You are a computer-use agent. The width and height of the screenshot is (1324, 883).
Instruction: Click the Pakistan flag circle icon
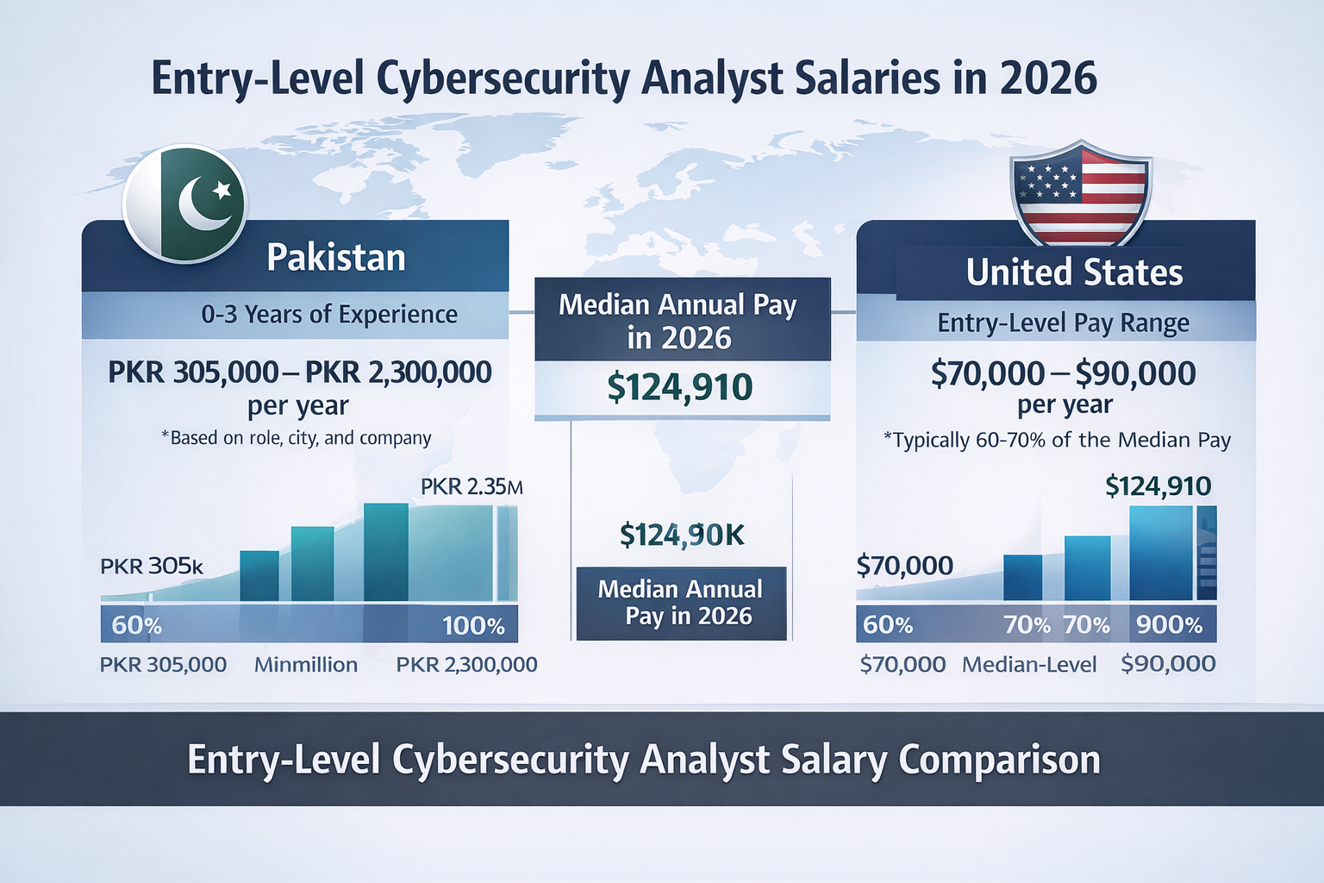(x=184, y=204)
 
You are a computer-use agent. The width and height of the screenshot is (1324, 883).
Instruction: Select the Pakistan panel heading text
(x=336, y=258)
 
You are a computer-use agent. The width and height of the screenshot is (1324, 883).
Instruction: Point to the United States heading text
(x=1074, y=272)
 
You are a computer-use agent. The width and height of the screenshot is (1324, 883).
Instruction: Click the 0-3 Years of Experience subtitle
(x=329, y=315)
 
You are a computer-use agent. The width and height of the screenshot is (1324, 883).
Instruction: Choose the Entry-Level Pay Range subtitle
(x=1063, y=323)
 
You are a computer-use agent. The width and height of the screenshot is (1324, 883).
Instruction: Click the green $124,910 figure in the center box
(x=680, y=387)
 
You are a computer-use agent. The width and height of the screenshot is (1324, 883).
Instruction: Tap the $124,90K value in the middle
(x=682, y=535)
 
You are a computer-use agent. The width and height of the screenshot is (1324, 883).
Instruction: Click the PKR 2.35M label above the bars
(x=471, y=487)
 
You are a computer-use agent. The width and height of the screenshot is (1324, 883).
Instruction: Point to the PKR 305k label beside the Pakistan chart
(x=152, y=567)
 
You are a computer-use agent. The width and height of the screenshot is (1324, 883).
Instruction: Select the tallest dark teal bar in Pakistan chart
(x=385, y=552)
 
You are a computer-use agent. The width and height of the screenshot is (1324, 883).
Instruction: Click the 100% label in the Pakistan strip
(x=473, y=626)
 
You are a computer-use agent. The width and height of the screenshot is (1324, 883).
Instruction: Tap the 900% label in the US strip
(x=1169, y=625)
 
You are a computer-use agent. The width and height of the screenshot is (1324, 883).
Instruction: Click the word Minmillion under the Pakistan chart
(x=306, y=665)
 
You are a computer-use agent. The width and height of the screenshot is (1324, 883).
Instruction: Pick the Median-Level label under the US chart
(x=1029, y=665)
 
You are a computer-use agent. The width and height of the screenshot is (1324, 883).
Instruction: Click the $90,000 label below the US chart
(x=1168, y=664)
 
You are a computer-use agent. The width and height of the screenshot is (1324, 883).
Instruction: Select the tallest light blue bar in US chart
(x=1160, y=553)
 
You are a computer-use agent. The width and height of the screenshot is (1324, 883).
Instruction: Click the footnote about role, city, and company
(x=297, y=438)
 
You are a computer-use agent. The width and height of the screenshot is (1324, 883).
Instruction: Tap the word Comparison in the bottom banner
(x=999, y=760)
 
